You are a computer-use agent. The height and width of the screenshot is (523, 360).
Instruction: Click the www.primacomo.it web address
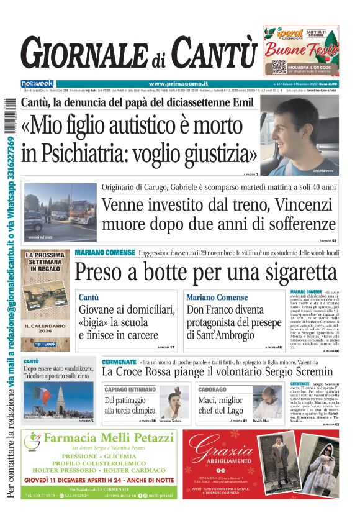pyautogui.click(x=178, y=84)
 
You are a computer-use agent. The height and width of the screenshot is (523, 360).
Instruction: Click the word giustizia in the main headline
pyautogui.click(x=196, y=152)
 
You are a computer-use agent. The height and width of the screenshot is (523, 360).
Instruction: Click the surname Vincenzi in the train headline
pyautogui.click(x=299, y=204)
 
